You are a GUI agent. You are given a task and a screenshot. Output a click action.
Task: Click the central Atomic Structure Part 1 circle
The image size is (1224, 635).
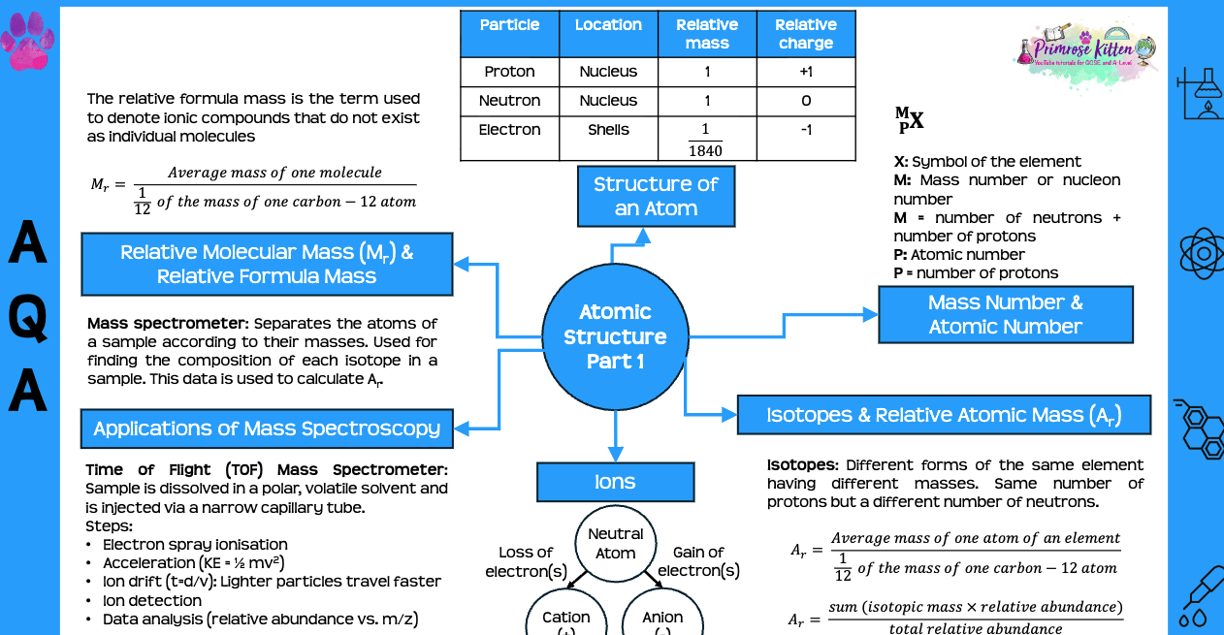tap(615, 336)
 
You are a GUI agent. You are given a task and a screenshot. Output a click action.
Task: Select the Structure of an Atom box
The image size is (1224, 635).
tap(656, 196)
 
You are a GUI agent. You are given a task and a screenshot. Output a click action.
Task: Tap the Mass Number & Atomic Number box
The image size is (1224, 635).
tap(1005, 314)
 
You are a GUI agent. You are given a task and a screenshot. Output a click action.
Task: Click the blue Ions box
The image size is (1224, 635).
tap(615, 482)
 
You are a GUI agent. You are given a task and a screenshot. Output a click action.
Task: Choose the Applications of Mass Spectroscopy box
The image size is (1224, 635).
tap(267, 429)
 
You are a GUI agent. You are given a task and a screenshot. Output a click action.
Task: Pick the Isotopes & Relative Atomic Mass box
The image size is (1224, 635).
tap(944, 415)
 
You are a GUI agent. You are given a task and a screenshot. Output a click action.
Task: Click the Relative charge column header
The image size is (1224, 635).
tap(805, 34)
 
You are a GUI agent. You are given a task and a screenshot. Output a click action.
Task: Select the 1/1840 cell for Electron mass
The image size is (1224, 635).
tap(706, 140)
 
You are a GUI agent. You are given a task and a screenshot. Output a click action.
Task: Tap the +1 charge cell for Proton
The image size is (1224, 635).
tap(805, 72)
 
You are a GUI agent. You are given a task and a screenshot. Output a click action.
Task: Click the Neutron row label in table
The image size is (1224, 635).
tap(509, 101)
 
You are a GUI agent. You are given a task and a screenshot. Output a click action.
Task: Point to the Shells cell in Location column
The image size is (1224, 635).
tap(608, 130)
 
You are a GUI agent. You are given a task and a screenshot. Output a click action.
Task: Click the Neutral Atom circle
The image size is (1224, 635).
tap(615, 544)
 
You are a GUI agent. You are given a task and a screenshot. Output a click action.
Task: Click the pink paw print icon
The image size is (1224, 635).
tap(27, 40)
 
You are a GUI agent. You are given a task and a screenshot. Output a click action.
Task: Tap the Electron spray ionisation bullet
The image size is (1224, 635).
tap(195, 545)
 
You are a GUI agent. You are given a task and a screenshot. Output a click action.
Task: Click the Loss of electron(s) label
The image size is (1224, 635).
tap(526, 561)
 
